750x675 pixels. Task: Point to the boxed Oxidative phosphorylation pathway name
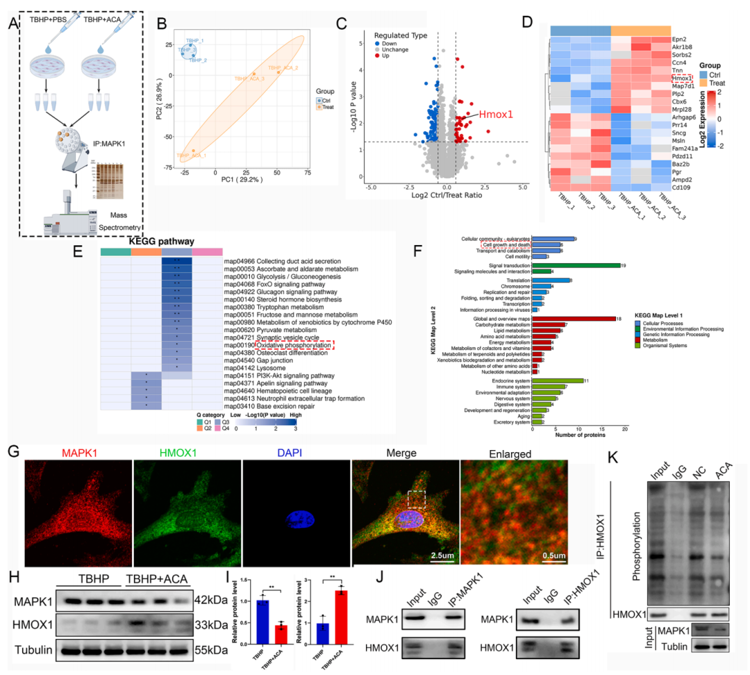coord(294,344)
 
